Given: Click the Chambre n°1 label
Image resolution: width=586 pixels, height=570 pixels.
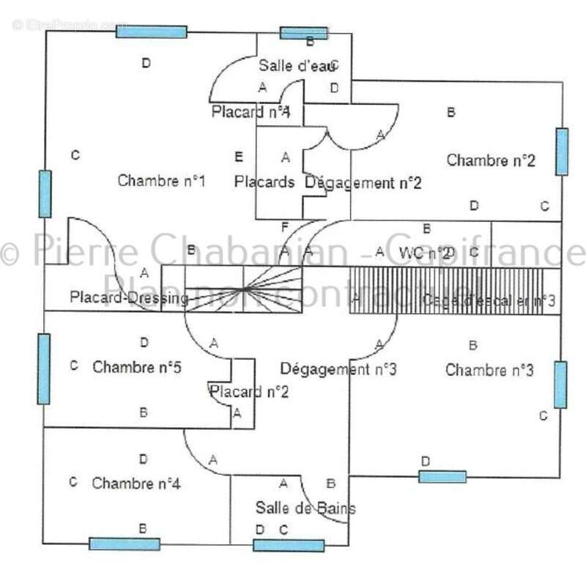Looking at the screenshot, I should click(160, 180).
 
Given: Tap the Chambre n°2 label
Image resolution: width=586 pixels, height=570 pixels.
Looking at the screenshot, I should click(491, 160).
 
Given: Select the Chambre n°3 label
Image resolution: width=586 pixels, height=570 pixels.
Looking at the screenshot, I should click(489, 370).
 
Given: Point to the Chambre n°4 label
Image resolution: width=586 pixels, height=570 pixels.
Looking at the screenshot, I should click(137, 484).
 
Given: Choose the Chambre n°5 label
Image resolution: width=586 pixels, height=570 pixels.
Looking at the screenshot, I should click(138, 366).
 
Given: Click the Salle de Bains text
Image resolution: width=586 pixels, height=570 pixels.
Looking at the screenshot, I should click(305, 508).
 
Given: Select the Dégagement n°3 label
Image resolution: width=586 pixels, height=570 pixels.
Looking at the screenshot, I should click(338, 369).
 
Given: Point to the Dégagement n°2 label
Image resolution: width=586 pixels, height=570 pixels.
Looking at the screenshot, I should click(363, 182).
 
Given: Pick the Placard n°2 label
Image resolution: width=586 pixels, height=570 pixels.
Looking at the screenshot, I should click(250, 392).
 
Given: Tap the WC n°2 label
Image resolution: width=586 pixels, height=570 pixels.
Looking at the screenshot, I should click(426, 253).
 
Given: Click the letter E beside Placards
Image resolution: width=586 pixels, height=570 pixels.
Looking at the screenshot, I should click(238, 157).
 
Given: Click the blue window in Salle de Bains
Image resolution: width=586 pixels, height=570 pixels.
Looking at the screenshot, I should click(289, 545).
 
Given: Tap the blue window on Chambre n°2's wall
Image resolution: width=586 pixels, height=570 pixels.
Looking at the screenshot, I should click(562, 152).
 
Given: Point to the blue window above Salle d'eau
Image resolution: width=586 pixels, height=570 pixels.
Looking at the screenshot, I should click(304, 33).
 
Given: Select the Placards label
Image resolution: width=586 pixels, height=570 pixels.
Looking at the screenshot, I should click(264, 181).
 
